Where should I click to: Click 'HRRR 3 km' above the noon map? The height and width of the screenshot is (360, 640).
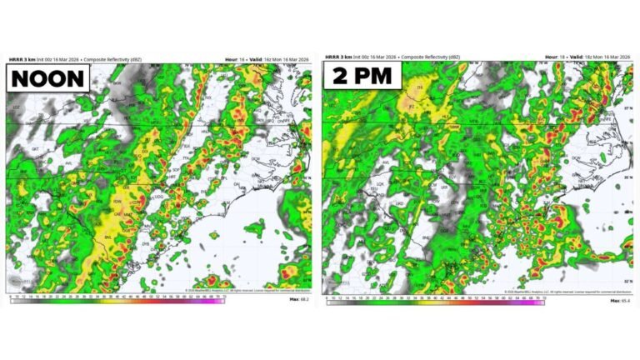[x=22, y=59]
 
